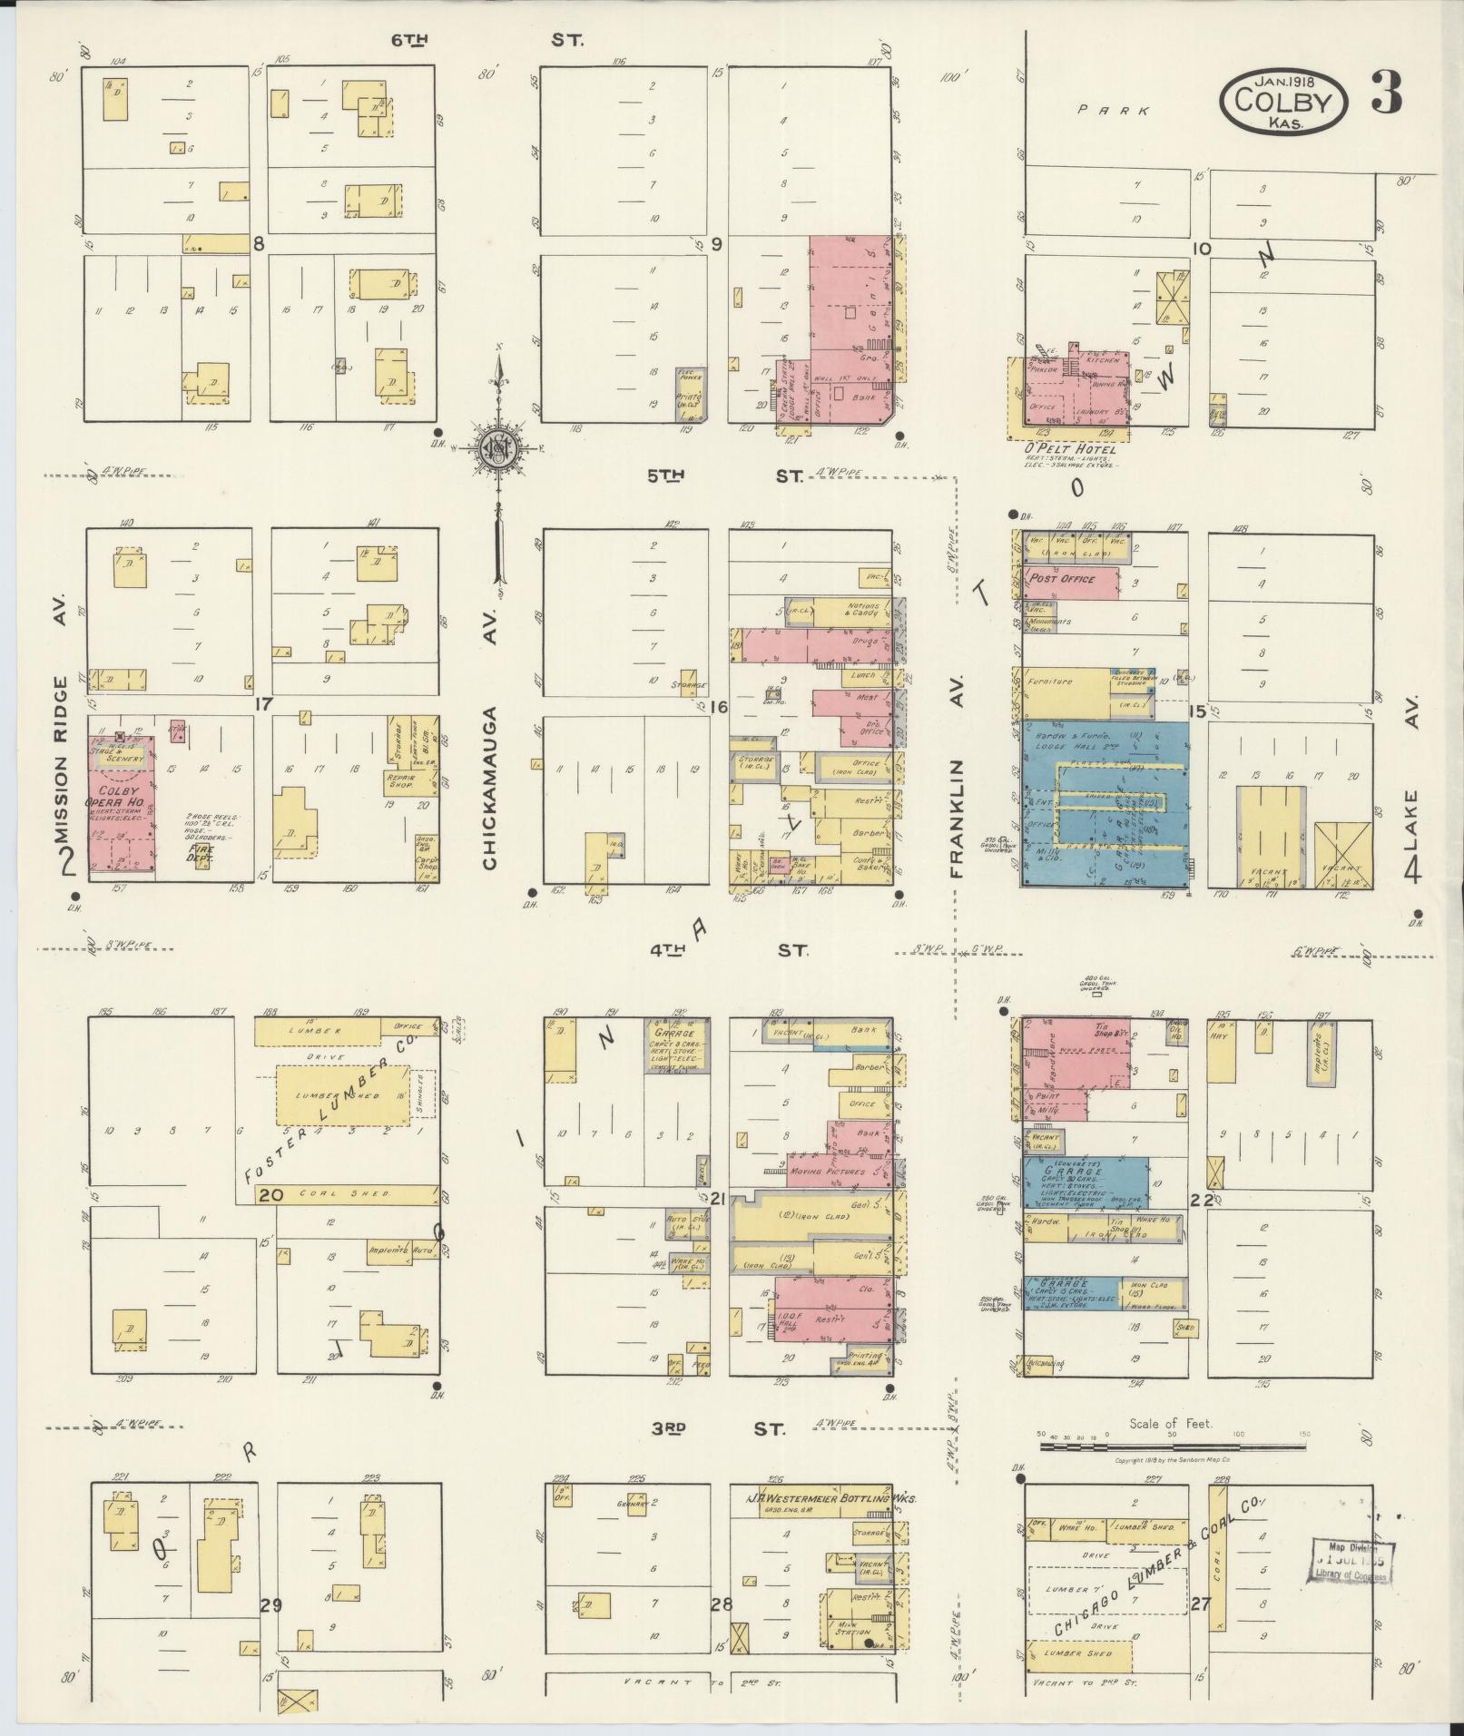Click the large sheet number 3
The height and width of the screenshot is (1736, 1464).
click(x=1387, y=93)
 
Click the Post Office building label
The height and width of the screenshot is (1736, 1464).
click(x=1062, y=579)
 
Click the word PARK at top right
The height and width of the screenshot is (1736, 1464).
click(x=1114, y=110)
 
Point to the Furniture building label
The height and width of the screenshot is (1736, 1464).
click(x=1050, y=682)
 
